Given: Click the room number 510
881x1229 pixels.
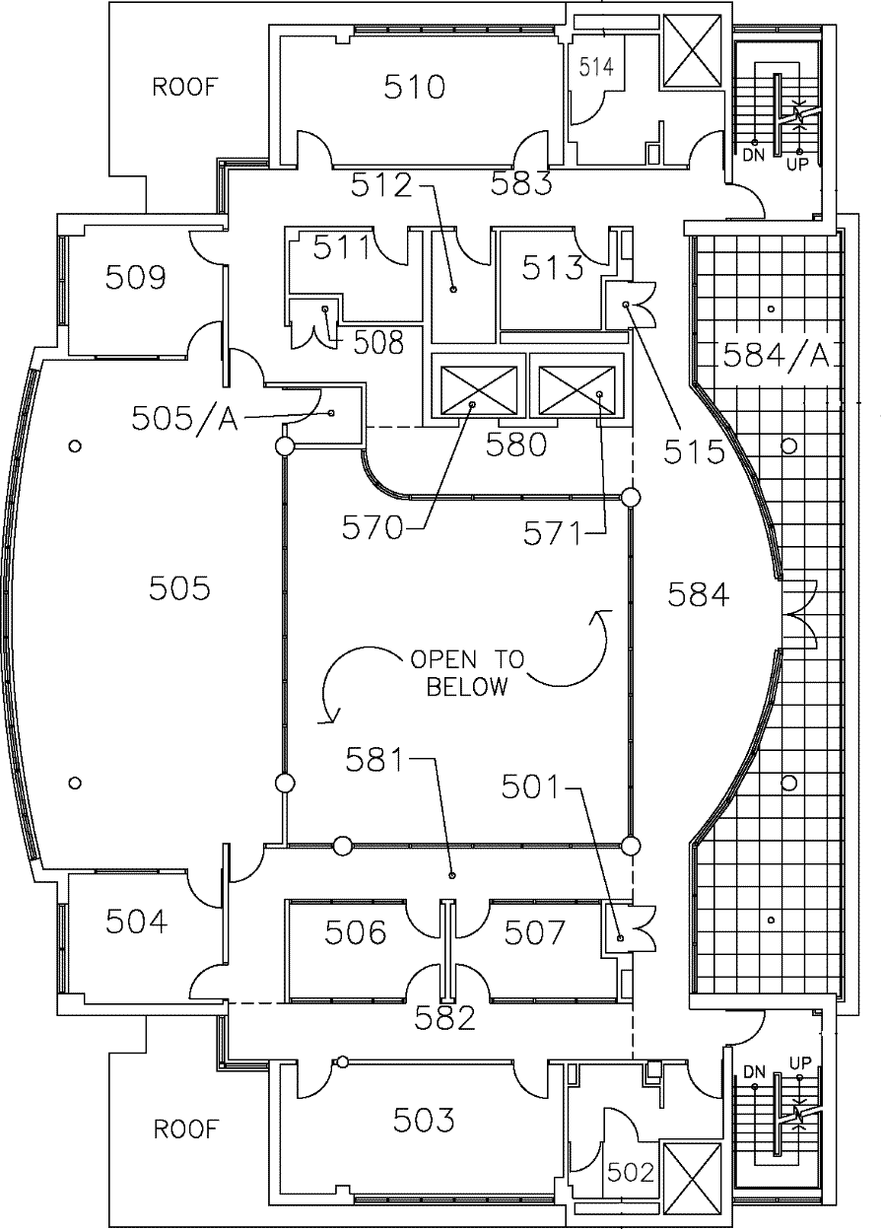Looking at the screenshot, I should (x=414, y=89).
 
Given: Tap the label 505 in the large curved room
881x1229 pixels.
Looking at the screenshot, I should (x=179, y=589).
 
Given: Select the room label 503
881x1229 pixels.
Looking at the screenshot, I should (x=424, y=1120).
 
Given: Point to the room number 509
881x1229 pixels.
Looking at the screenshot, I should (x=135, y=277).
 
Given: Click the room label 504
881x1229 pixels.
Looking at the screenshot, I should (x=135, y=922).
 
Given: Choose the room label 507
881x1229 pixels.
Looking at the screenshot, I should (x=535, y=931).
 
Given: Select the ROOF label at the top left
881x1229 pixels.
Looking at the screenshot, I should (x=184, y=87).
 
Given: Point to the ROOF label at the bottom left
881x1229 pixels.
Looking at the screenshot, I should (x=184, y=1128).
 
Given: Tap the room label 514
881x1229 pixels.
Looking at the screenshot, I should (x=596, y=67).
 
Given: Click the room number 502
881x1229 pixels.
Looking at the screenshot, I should (x=631, y=1173).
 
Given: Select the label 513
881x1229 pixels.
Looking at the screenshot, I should (x=553, y=267).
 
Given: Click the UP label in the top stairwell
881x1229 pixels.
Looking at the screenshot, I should (x=797, y=165).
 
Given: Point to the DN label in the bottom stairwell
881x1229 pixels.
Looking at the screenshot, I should (x=755, y=1071).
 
